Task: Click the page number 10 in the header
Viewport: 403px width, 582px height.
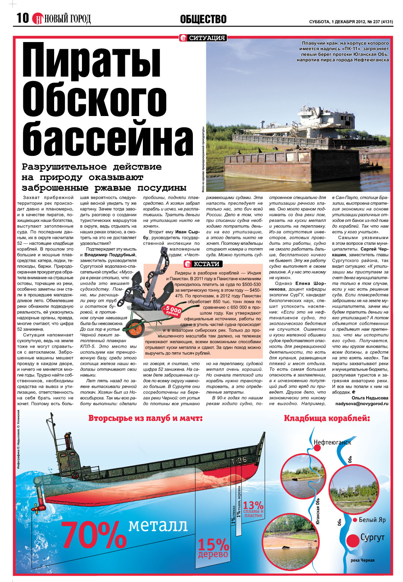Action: pos(23,18)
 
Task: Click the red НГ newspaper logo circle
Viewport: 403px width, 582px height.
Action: pos(38,18)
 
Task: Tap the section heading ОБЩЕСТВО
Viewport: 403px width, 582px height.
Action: pos(203,19)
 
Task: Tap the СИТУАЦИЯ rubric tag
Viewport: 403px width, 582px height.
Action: pos(203,38)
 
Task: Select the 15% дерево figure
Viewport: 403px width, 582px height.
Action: pos(213,548)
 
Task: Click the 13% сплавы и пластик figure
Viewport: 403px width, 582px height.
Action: pos(253,509)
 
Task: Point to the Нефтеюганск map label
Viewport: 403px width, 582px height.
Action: pos(332,442)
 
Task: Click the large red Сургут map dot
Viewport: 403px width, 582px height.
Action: pos(353,541)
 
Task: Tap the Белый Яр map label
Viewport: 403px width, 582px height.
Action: pos(372,520)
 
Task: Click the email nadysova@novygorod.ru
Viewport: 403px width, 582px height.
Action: pos(361,404)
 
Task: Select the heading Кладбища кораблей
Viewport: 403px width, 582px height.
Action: pos(327,418)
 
